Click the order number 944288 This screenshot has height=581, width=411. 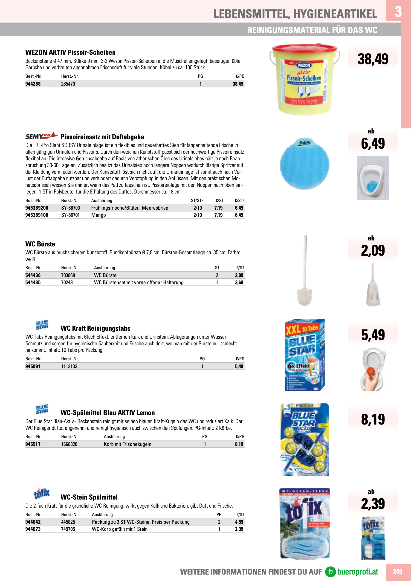[x=33, y=84]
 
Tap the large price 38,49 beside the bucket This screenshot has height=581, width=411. [x=373, y=59]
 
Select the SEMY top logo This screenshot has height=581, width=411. [x=41, y=136]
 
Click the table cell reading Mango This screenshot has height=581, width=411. [x=98, y=215]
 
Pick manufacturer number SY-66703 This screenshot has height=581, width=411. [x=71, y=208]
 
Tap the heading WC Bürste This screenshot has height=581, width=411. [x=40, y=244]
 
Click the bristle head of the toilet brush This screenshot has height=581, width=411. [x=304, y=296]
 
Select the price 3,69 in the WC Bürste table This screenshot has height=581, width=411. [x=239, y=282]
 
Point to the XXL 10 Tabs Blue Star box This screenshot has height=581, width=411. [x=304, y=355]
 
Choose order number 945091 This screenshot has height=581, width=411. [x=33, y=366]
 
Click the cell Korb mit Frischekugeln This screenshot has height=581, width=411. [x=127, y=444]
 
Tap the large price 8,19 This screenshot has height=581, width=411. [x=373, y=419]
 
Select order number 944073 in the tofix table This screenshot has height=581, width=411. [x=33, y=529]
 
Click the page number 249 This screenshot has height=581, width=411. [x=397, y=572]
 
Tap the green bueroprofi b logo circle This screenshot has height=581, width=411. [x=330, y=572]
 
